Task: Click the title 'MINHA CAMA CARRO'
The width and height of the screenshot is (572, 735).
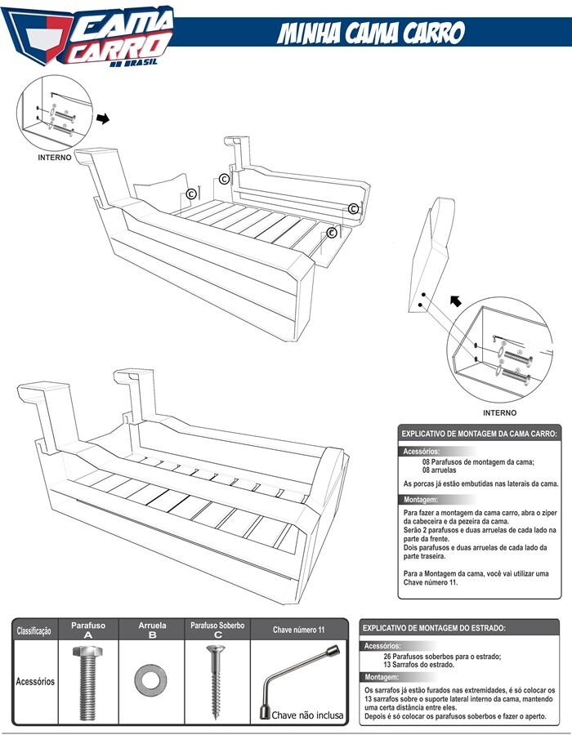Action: pyautogui.click(x=371, y=33)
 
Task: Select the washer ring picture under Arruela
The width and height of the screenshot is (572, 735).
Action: pyautogui.click(x=152, y=679)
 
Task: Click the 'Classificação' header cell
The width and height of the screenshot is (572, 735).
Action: pyautogui.click(x=34, y=630)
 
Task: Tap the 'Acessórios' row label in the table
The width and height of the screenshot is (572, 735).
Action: pyautogui.click(x=34, y=681)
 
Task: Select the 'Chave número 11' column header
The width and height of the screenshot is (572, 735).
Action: pyautogui.click(x=298, y=630)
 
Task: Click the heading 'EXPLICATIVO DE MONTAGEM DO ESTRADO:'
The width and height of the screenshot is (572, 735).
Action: pyautogui.click(x=434, y=628)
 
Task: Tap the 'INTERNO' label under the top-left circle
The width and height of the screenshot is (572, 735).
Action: pyautogui.click(x=55, y=156)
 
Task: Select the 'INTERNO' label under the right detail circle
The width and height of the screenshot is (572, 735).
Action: pyautogui.click(x=500, y=412)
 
